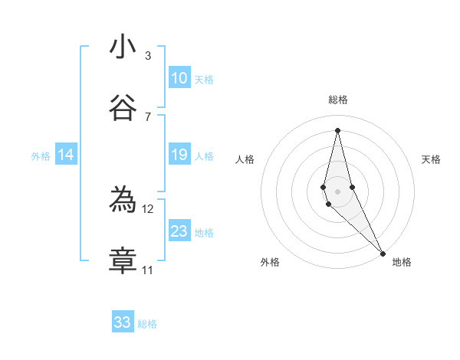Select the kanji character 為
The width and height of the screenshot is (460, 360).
click(123, 200)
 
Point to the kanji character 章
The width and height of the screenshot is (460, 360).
click(123, 261)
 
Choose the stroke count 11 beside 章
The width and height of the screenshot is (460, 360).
click(148, 270)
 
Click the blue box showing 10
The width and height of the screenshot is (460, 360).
click(179, 78)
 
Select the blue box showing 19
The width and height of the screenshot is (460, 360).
click(179, 155)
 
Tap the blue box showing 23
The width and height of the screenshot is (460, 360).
click(179, 231)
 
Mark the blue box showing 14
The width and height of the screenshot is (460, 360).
click(66, 155)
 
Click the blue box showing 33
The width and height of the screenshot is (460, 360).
click(123, 322)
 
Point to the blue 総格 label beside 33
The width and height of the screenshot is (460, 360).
click(147, 324)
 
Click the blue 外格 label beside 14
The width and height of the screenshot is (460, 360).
click(41, 156)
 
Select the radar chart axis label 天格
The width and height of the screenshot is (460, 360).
click(431, 159)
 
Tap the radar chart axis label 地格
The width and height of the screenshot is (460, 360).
click(402, 262)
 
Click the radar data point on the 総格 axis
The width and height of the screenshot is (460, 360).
click(337, 130)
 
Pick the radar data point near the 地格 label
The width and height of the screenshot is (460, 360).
click(383, 252)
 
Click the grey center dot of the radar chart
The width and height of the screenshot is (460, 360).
click(337, 191)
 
